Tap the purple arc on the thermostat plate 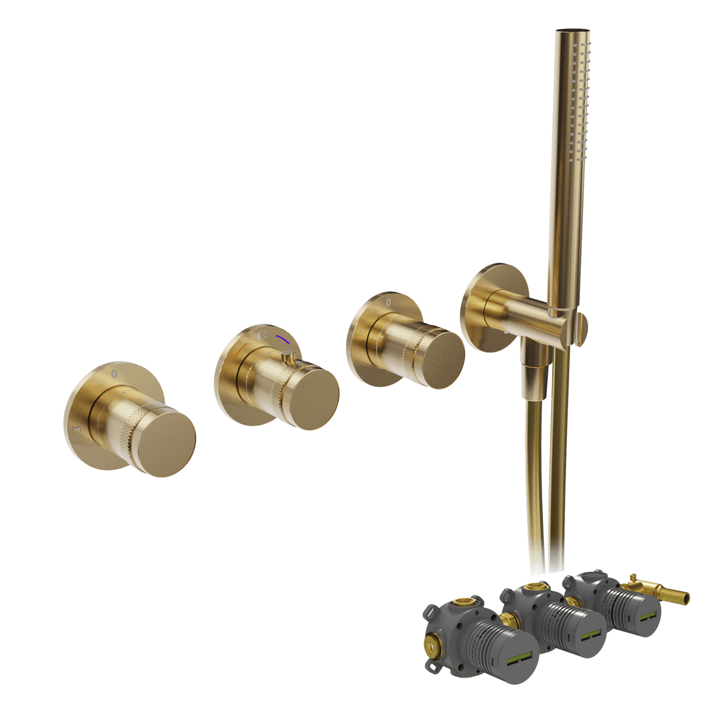pos(282,337)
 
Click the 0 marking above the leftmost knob pos(114,374)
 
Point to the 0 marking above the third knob pos(388,302)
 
